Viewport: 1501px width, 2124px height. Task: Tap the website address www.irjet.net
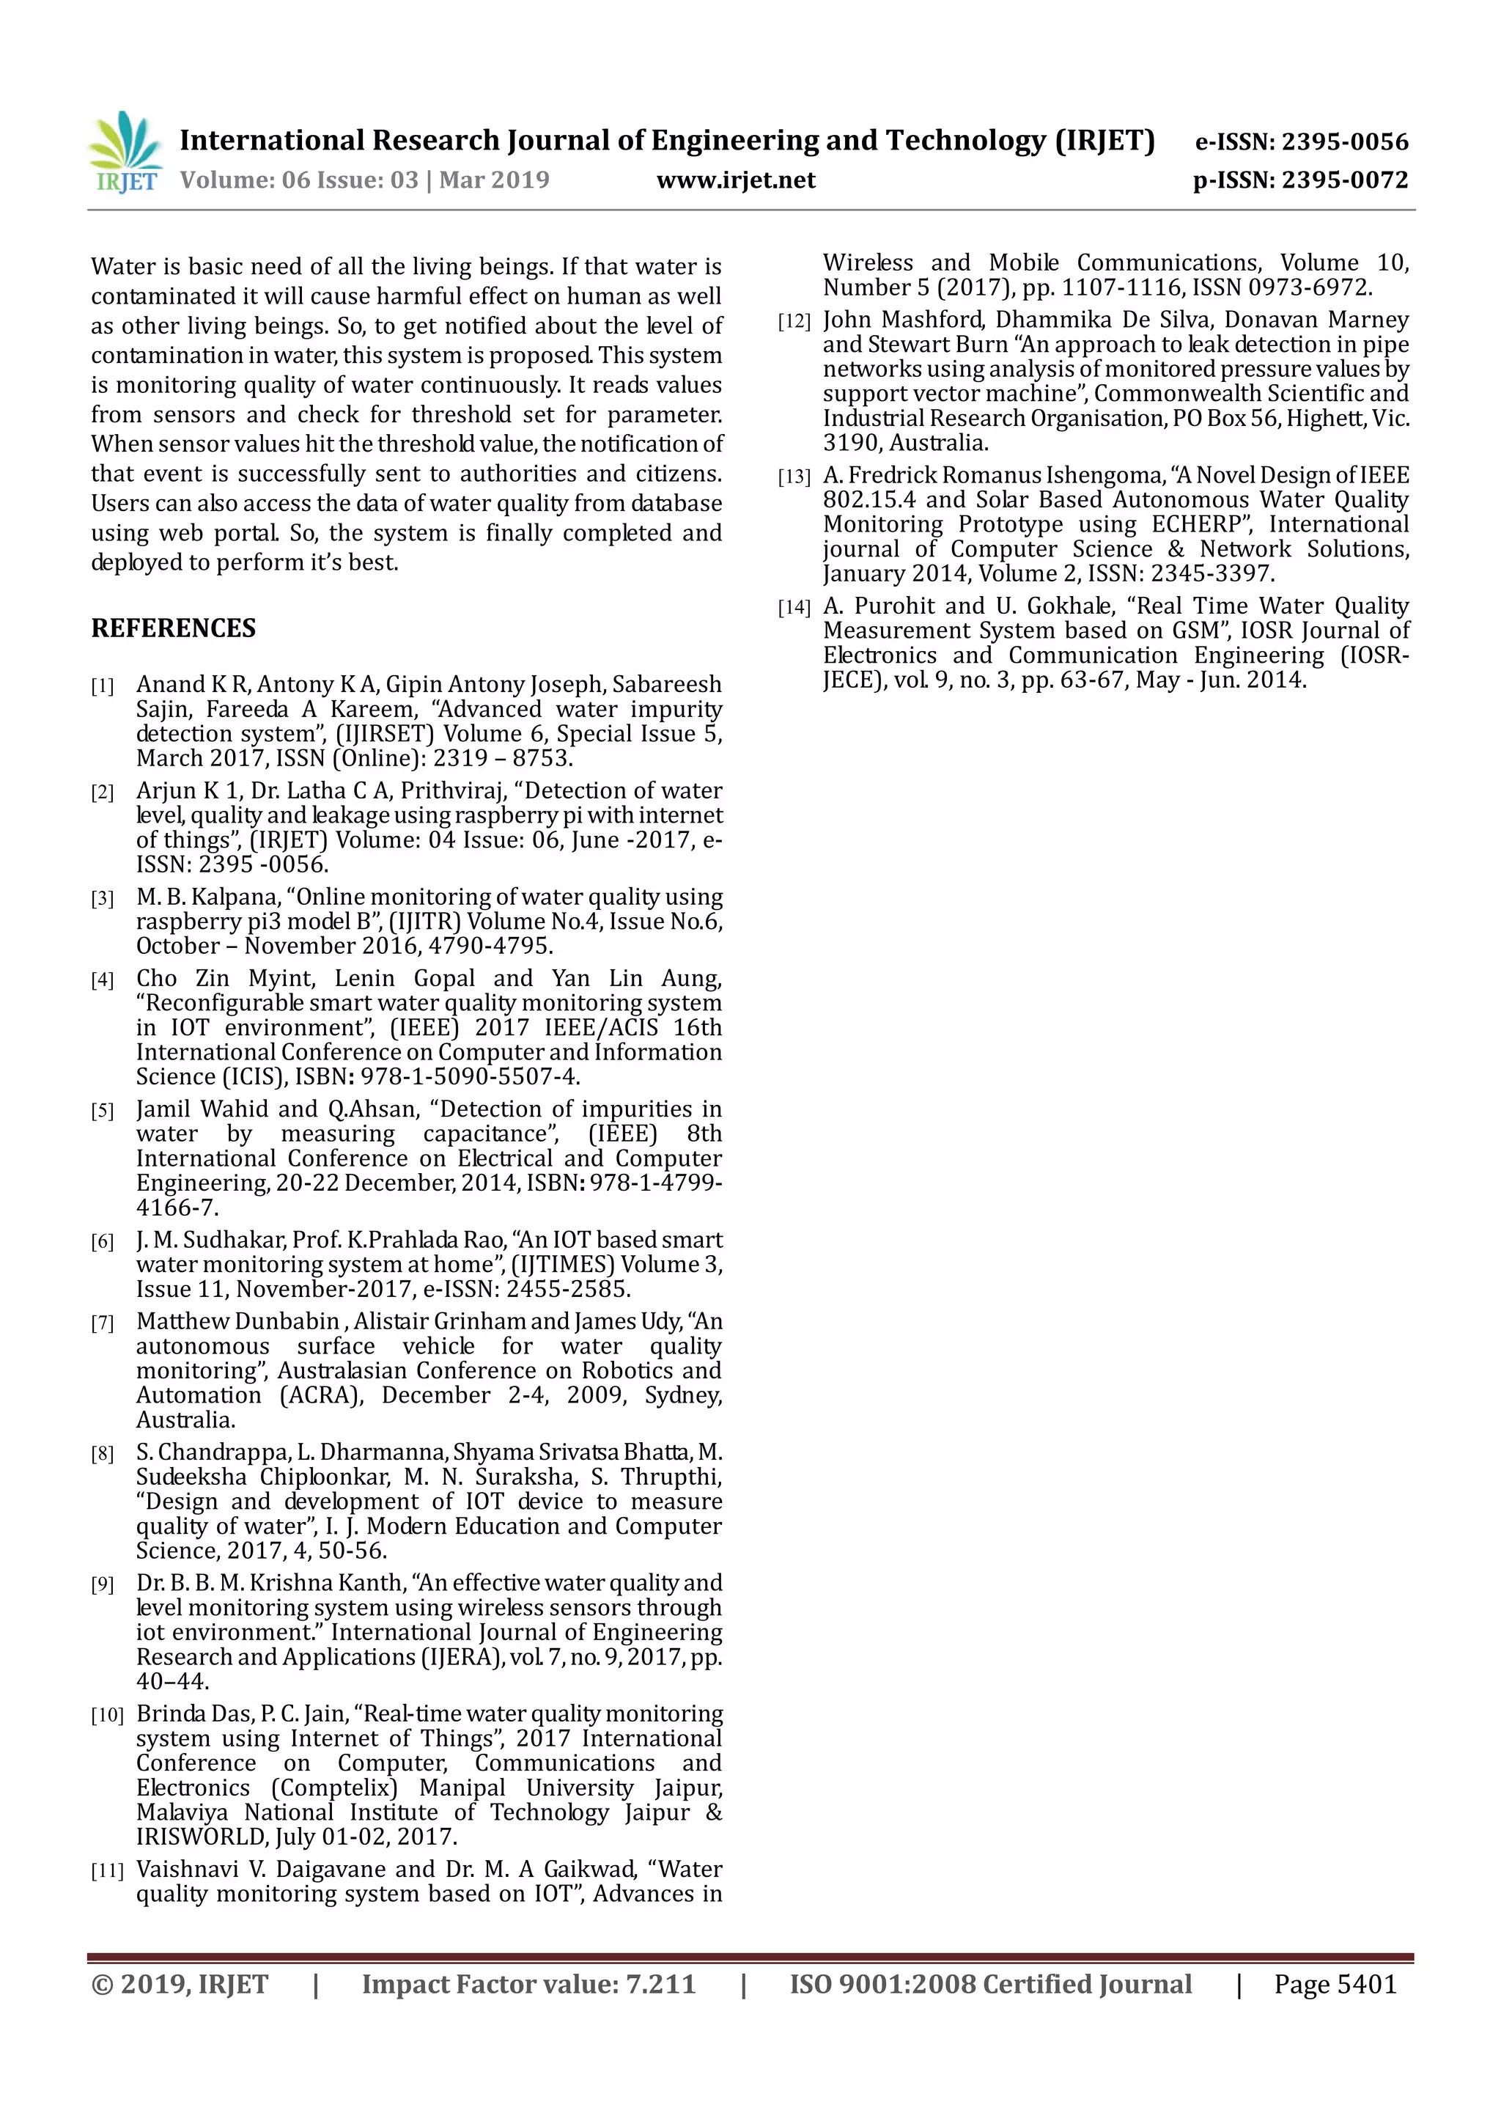[x=735, y=180]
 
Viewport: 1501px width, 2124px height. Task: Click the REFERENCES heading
[x=173, y=628]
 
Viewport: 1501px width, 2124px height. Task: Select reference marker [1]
[x=102, y=686]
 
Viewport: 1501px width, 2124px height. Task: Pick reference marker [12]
[x=794, y=322]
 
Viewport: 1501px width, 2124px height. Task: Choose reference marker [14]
[x=794, y=608]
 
